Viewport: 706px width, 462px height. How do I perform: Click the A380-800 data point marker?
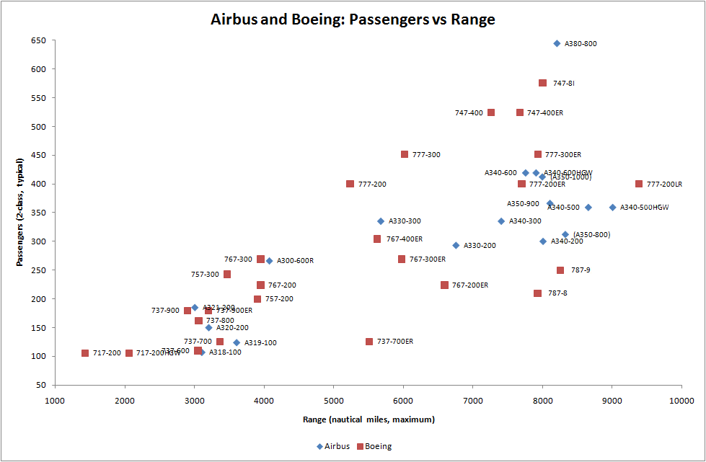(x=557, y=43)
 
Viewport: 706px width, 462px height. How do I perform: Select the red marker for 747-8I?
(x=542, y=83)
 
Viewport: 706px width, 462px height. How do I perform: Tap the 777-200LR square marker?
(x=639, y=184)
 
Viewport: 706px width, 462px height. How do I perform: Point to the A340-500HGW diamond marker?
(x=612, y=208)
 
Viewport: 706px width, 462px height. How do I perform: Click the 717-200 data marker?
(x=85, y=353)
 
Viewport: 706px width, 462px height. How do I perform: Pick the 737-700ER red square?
(x=369, y=342)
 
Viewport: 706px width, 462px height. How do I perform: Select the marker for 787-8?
(x=537, y=293)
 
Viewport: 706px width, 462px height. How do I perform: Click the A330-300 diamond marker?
(x=381, y=221)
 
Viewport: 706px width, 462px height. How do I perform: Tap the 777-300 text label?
(x=426, y=155)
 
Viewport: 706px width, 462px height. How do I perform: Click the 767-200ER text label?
(x=470, y=285)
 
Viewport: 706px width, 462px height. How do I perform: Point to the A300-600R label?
(x=295, y=261)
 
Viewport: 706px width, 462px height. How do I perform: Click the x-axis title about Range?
(x=368, y=419)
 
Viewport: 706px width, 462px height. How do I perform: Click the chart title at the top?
(x=353, y=19)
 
